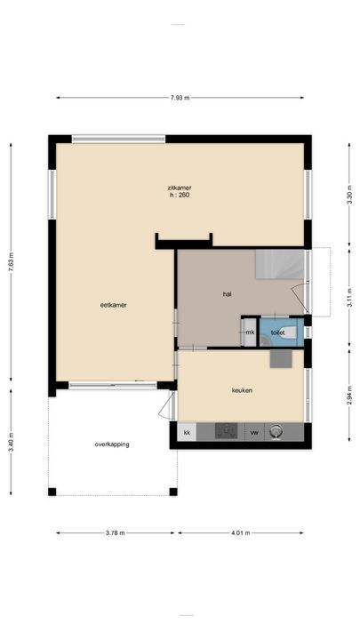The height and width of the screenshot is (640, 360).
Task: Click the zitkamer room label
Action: click(x=180, y=188)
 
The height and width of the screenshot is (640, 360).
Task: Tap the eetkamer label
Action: click(x=114, y=305)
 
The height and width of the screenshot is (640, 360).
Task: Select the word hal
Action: click(x=228, y=294)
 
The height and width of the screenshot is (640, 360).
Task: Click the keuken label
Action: click(x=242, y=390)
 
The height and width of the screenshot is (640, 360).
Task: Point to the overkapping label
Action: click(x=112, y=444)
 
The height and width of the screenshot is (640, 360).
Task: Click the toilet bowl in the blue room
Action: click(x=290, y=332)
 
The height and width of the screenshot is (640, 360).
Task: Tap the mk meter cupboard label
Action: click(x=250, y=332)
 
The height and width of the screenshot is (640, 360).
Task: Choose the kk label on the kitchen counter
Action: click(x=187, y=433)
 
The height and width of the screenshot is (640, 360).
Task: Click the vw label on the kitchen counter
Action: click(x=254, y=433)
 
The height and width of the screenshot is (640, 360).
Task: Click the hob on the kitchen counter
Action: click(x=226, y=431)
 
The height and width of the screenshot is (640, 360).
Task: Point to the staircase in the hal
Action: click(x=280, y=265)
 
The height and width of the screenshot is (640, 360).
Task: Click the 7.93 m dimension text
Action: click(x=180, y=98)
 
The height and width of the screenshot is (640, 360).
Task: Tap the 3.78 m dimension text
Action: click(x=115, y=532)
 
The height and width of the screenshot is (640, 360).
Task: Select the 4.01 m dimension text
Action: click(x=240, y=532)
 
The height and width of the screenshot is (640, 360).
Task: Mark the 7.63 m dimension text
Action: click(x=11, y=264)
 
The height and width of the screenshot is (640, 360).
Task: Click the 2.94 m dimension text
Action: click(x=349, y=395)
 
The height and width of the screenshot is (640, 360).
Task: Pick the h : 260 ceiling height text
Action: click(x=180, y=195)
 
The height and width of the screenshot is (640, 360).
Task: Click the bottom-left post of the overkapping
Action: click(x=52, y=492)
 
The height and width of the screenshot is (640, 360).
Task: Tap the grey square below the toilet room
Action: click(x=281, y=359)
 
